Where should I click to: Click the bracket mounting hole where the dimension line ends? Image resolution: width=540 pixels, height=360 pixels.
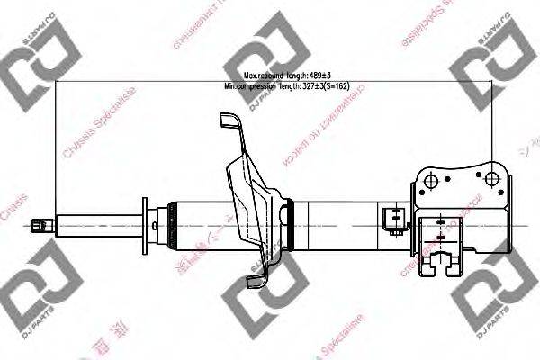[491, 172]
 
